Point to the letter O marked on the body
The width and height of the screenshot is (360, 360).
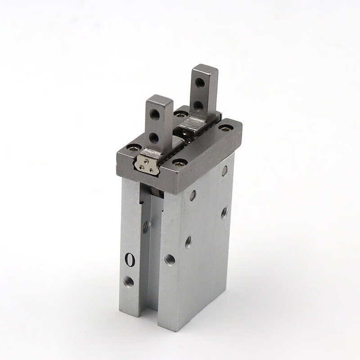130,260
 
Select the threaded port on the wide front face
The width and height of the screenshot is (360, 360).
170,259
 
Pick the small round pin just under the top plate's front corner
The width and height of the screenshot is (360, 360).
193,195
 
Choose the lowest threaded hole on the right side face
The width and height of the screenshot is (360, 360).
188,242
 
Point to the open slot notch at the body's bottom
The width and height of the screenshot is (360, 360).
160,310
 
